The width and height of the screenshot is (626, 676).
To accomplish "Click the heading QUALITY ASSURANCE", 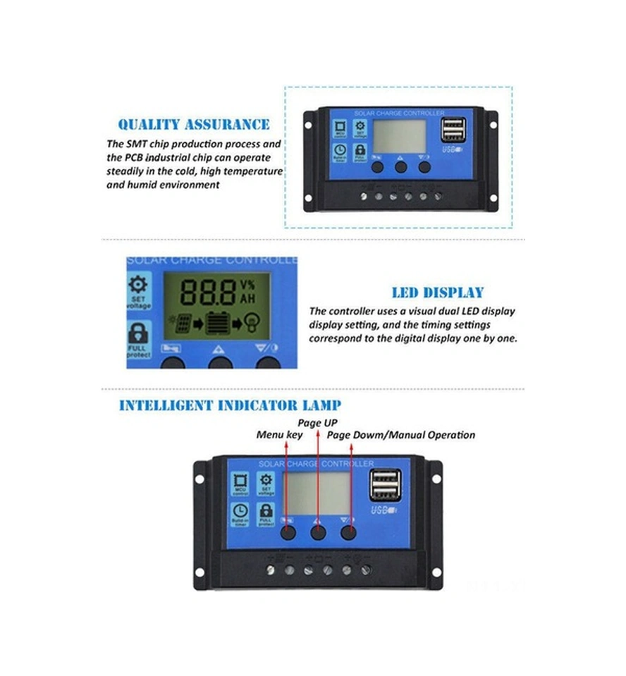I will point(193,125).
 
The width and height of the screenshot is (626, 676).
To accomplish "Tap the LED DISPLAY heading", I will point(437,293).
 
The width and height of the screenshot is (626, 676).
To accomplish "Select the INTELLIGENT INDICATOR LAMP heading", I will point(230,405).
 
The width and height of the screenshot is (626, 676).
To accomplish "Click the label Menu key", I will point(279,435).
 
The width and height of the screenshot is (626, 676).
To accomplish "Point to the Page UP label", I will point(317,423).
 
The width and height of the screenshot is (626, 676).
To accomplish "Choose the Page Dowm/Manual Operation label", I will point(401,435).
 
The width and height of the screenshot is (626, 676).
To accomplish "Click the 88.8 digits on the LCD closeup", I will point(209,290).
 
